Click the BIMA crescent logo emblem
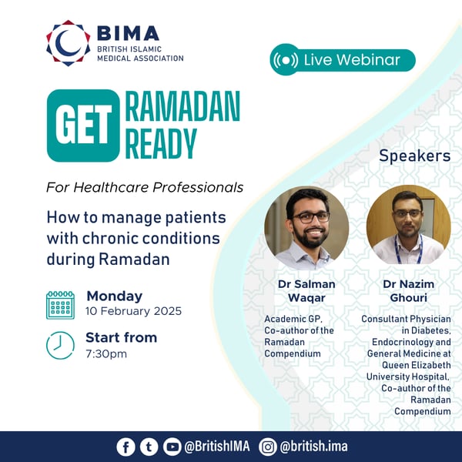[68, 43]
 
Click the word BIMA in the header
[129, 34]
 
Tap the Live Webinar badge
[343, 60]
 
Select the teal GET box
[83, 126]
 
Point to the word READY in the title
[161, 142]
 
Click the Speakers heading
[414, 156]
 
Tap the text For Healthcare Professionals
[145, 187]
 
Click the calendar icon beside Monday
[60, 304]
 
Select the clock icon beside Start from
[60, 345]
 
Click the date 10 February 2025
[134, 312]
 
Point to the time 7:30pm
[106, 353]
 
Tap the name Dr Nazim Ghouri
[408, 291]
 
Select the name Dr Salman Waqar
[306, 291]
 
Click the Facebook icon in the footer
[126, 447]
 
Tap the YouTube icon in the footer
[172, 447]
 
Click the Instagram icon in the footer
[268, 447]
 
